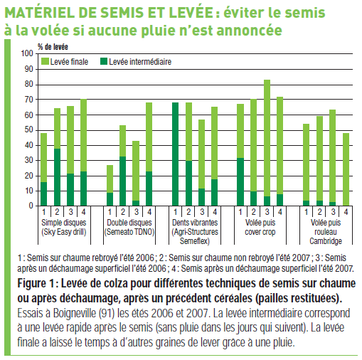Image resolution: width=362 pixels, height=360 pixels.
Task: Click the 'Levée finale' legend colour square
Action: pos(45,62)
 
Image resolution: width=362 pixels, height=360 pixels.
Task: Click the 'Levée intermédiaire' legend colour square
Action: pos(104,62)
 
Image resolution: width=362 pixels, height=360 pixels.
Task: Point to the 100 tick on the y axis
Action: pos(27,53)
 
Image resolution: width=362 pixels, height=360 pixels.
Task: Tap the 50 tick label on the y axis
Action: pos(29,130)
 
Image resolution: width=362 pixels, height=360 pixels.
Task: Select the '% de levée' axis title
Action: pos(53,47)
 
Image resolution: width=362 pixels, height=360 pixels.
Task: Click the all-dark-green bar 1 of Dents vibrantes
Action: pos(176,154)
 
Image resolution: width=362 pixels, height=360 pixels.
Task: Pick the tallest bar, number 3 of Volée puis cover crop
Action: pos(267,142)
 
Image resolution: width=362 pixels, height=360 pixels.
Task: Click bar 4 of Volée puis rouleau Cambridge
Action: pos(346,169)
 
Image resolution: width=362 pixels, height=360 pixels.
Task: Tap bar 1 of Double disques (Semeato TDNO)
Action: pos(110,185)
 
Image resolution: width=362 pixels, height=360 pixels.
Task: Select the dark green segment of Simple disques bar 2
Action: pos(57,177)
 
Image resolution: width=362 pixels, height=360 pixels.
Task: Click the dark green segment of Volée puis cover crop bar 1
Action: pos(240,181)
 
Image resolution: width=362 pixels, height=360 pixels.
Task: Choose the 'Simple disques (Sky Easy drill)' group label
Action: pos(64,227)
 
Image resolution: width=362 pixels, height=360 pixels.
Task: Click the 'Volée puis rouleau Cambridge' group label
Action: pos(326,232)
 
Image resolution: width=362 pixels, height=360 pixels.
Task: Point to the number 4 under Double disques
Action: pos(149,212)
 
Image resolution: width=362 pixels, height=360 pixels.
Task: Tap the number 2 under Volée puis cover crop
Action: pos(253,212)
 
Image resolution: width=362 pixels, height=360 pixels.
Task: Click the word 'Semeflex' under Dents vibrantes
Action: pos(195,241)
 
